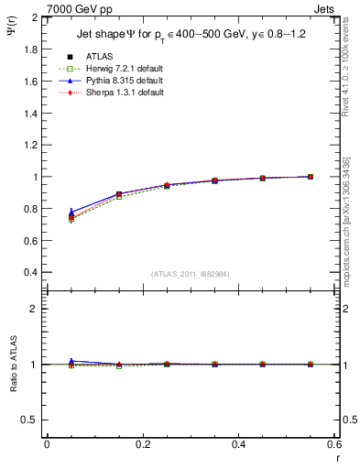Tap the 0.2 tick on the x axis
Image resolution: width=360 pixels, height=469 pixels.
pos(142,444)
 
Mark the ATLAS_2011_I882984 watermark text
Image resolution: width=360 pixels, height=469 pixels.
pos(191,274)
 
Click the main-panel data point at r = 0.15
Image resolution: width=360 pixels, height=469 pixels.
pos(119,194)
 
